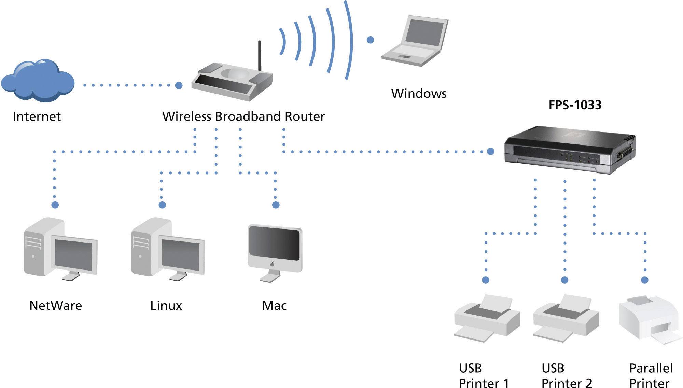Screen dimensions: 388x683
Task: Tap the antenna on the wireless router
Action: tap(260, 56)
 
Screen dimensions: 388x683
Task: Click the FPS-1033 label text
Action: tap(575, 105)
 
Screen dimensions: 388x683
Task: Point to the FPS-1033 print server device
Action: tap(570, 150)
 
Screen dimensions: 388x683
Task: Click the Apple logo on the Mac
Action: tap(272, 264)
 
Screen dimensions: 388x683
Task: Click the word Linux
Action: tap(166, 305)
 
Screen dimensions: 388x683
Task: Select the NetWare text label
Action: tap(56, 305)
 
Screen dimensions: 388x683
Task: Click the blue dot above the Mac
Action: tap(276, 205)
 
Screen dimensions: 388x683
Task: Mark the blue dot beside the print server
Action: tap(490, 151)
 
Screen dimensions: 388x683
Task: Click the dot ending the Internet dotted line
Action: tap(179, 85)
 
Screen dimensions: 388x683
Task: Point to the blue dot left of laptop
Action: tap(370, 40)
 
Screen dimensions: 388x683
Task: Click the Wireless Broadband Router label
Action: tap(243, 116)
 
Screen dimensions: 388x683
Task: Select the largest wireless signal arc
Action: tap(348, 39)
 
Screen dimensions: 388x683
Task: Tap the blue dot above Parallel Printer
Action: tap(645, 280)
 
